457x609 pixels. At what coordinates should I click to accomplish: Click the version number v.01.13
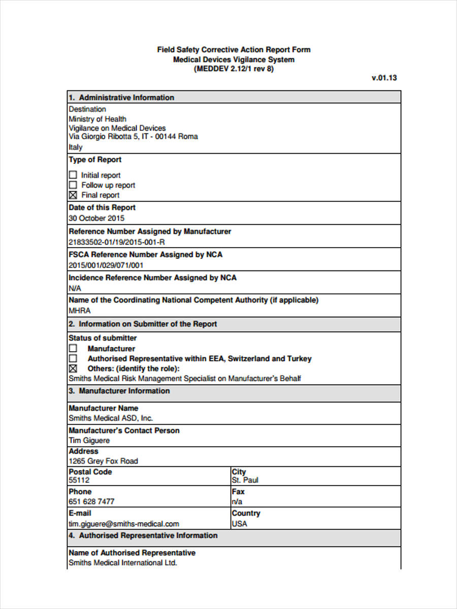[384, 78]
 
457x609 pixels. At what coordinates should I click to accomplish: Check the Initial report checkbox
[73, 175]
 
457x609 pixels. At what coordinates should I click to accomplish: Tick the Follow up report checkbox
[73, 185]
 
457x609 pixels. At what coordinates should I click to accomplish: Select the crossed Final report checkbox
[73, 195]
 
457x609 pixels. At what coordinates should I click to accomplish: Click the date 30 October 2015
[96, 218]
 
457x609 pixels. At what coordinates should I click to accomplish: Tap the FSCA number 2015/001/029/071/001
[106, 265]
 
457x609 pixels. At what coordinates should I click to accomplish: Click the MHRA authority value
[80, 311]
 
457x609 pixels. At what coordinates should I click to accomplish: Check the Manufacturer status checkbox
[73, 349]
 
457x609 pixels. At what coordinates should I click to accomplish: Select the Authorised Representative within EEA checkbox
[73, 358]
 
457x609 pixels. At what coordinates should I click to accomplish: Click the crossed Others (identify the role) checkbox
[73, 368]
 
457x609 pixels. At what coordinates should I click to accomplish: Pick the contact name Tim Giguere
[89, 441]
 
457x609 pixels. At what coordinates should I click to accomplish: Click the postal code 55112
[79, 480]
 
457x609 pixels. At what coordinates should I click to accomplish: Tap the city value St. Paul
[245, 480]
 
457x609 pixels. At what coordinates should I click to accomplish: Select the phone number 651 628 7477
[91, 501]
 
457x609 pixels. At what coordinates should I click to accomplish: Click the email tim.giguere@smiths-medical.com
[124, 524]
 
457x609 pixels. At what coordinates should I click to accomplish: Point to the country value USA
[240, 524]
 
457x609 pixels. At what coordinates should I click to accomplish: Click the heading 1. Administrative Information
[121, 97]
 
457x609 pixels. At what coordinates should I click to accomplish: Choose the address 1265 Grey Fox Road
[103, 461]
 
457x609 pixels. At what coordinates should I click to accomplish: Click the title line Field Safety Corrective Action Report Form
[234, 50]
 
